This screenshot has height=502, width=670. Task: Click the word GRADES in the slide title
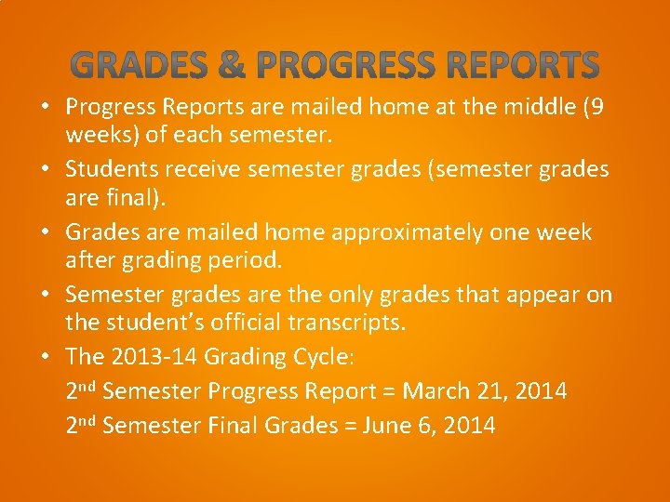point(139,66)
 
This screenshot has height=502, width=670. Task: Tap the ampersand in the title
point(234,66)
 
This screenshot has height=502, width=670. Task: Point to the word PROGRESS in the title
point(345,66)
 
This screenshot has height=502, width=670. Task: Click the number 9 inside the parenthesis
point(596,108)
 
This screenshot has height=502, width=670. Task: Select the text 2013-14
point(154,358)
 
